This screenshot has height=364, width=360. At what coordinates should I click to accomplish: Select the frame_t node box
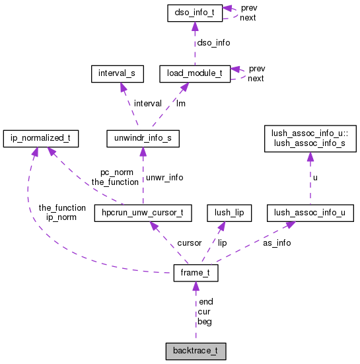click(x=195, y=273)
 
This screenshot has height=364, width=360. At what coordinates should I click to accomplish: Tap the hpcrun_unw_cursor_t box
click(x=143, y=213)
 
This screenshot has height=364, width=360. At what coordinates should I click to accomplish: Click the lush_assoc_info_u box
click(x=310, y=213)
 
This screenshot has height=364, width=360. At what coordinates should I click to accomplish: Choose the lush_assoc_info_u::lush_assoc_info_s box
click(x=310, y=137)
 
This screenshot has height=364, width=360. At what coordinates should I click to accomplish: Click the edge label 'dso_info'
click(x=214, y=42)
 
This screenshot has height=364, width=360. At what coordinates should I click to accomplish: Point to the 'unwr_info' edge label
click(x=164, y=177)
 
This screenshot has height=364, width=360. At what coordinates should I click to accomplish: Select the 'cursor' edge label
click(x=189, y=243)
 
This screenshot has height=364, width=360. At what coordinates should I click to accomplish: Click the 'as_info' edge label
click(x=277, y=242)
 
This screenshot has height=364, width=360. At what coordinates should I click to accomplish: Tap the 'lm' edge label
click(x=180, y=103)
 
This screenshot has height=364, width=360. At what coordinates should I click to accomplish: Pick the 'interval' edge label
click(x=147, y=103)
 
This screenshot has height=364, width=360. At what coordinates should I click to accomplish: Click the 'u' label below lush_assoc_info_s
click(x=315, y=177)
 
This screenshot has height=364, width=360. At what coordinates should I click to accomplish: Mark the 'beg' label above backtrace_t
click(x=205, y=322)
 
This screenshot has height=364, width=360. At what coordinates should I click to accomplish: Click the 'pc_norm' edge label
click(x=105, y=172)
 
